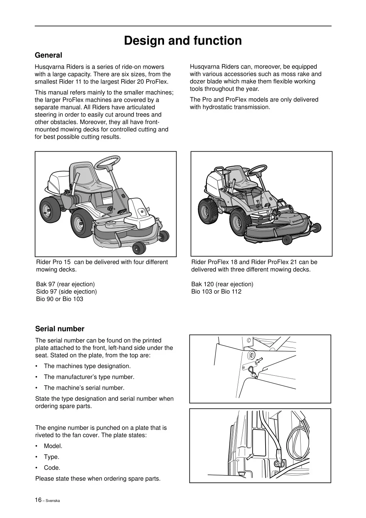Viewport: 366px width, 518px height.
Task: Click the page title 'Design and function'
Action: pos(183,40)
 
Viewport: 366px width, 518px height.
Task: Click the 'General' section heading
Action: pos(48,55)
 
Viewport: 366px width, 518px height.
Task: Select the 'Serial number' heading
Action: pos(60,329)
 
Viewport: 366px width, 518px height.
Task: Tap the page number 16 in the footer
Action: pos(38,500)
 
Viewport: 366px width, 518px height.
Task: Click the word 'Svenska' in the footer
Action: pos(53,500)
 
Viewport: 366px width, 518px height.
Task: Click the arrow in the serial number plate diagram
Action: pos(259,360)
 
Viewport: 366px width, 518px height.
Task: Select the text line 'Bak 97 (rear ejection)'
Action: pos(65,284)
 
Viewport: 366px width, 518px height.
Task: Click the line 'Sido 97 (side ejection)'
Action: pos(66,292)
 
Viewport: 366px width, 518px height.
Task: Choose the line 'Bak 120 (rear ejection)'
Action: pos(222,284)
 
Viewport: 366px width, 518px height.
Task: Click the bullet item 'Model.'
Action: pos(53,446)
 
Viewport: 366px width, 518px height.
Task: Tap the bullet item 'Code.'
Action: pos(52,468)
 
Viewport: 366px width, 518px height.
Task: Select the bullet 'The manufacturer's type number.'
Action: pos(89,377)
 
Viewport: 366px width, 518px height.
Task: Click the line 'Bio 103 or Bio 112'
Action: pos(216,292)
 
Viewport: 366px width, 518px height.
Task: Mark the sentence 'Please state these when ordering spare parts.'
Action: pos(98,479)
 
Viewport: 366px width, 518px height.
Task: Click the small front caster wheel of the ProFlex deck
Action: pos(287,240)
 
